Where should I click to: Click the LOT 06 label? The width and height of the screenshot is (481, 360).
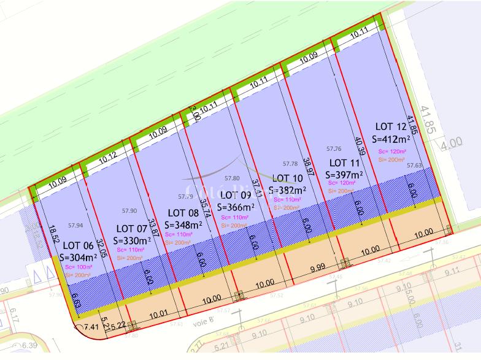tap(78, 245)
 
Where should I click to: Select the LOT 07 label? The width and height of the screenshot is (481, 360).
tap(131, 229)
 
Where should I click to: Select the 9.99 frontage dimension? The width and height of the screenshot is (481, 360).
tap(318, 268)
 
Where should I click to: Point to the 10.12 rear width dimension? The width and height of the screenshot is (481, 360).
tap(107, 156)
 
